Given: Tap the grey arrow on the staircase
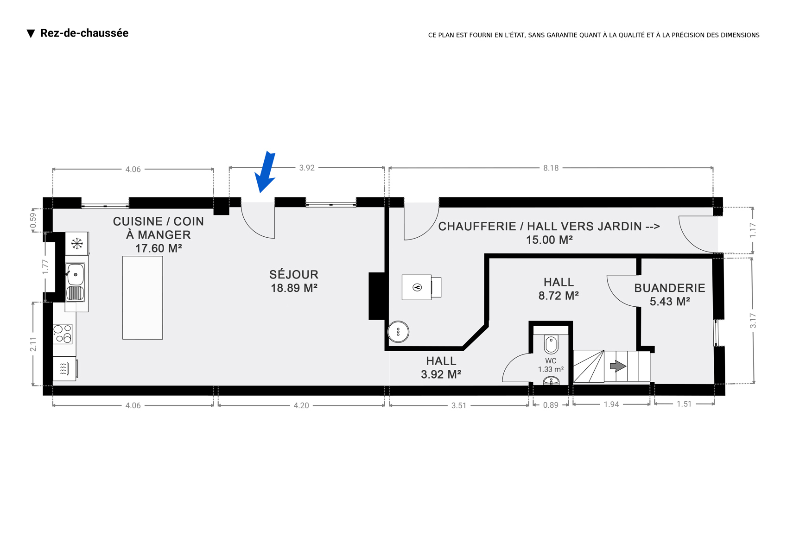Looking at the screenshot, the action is pyautogui.click(x=618, y=366).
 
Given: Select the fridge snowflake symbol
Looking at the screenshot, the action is pyautogui.click(x=76, y=243).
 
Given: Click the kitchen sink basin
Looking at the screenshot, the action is pyautogui.click(x=76, y=274).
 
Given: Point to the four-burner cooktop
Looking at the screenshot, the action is pyautogui.click(x=63, y=334).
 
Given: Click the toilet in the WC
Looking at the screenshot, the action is pyautogui.click(x=551, y=344).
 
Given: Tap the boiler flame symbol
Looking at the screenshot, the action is pyautogui.click(x=417, y=287).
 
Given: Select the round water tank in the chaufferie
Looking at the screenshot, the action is pyautogui.click(x=398, y=332).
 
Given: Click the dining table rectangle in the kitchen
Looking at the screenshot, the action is pyautogui.click(x=143, y=297).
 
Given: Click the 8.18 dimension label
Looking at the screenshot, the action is pyautogui.click(x=551, y=168).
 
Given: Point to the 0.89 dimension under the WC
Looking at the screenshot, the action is pyautogui.click(x=551, y=405).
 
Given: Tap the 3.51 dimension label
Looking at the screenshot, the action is pyautogui.click(x=458, y=405).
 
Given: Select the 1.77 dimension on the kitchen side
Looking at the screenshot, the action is pyautogui.click(x=45, y=267).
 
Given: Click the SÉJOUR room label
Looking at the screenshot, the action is pyautogui.click(x=294, y=274).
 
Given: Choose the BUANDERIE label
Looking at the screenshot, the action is pyautogui.click(x=670, y=288).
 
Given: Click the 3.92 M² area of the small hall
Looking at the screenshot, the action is pyautogui.click(x=441, y=374).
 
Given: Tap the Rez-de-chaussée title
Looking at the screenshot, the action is pyautogui.click(x=84, y=33).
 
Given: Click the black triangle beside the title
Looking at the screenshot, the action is pyautogui.click(x=31, y=34).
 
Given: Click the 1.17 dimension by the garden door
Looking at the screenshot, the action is pyautogui.click(x=752, y=230).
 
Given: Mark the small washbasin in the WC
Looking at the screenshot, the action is pyautogui.click(x=551, y=381).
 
